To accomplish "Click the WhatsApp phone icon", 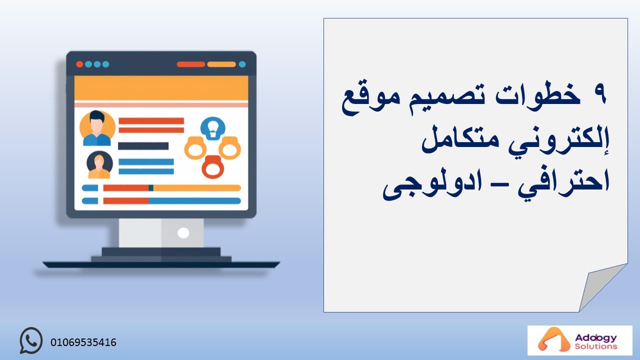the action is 31,340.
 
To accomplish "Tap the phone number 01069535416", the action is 83,342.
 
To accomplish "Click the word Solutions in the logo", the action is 596,346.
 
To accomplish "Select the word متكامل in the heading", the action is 460,139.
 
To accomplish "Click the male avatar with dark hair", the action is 97,128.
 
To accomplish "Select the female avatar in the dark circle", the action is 99,165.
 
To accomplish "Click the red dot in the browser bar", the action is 79,64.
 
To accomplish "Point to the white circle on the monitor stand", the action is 183,233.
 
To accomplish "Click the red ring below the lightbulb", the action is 212,167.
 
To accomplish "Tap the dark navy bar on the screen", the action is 143,146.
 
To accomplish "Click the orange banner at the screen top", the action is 161,88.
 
